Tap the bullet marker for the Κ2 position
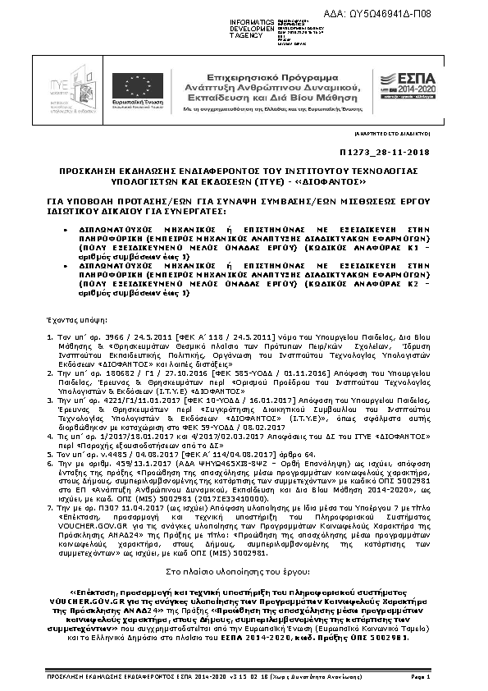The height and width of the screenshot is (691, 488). [67, 267]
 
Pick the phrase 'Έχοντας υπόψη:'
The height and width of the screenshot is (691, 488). [66, 315]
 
